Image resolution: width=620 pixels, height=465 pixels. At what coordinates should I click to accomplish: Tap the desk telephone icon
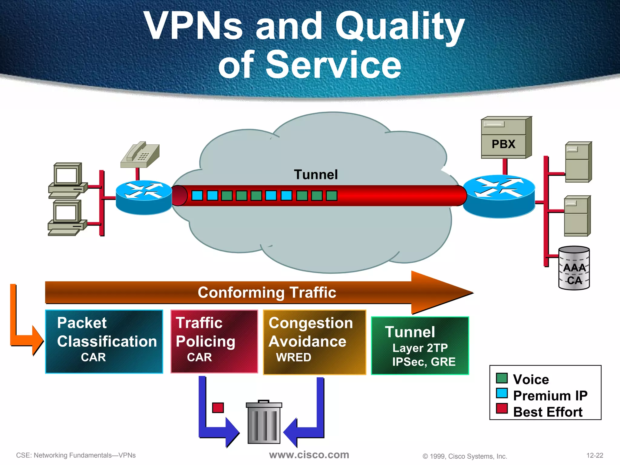click(140, 155)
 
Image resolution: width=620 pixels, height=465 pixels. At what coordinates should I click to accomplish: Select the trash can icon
click(264, 422)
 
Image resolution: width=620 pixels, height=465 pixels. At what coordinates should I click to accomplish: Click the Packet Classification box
click(104, 341)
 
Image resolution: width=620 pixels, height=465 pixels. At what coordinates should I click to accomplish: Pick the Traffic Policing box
click(214, 341)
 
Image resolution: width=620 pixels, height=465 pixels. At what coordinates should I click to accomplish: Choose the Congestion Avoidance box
click(314, 342)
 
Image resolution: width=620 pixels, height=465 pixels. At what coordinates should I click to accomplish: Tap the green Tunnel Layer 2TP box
click(420, 346)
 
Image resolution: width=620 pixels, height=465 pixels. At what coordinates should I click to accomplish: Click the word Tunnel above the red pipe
click(315, 175)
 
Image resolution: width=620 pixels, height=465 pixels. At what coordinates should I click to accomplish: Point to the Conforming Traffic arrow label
click(267, 292)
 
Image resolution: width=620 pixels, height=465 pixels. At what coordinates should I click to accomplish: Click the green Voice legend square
click(502, 378)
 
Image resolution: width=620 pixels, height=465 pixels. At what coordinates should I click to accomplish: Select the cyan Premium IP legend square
click(502, 393)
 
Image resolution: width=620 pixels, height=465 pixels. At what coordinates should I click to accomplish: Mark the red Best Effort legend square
click(502, 408)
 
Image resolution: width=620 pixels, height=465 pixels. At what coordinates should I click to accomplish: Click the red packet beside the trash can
click(218, 407)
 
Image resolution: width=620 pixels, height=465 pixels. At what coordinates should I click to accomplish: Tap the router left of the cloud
click(143, 197)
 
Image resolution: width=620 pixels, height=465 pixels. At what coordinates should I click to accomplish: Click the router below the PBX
click(499, 196)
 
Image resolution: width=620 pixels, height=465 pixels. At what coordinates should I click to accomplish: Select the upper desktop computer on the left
click(68, 180)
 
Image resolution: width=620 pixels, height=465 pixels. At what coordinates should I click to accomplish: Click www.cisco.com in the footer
click(309, 455)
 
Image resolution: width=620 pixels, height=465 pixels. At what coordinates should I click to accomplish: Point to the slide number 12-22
click(595, 455)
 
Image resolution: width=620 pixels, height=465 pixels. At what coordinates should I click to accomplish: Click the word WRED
click(293, 358)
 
